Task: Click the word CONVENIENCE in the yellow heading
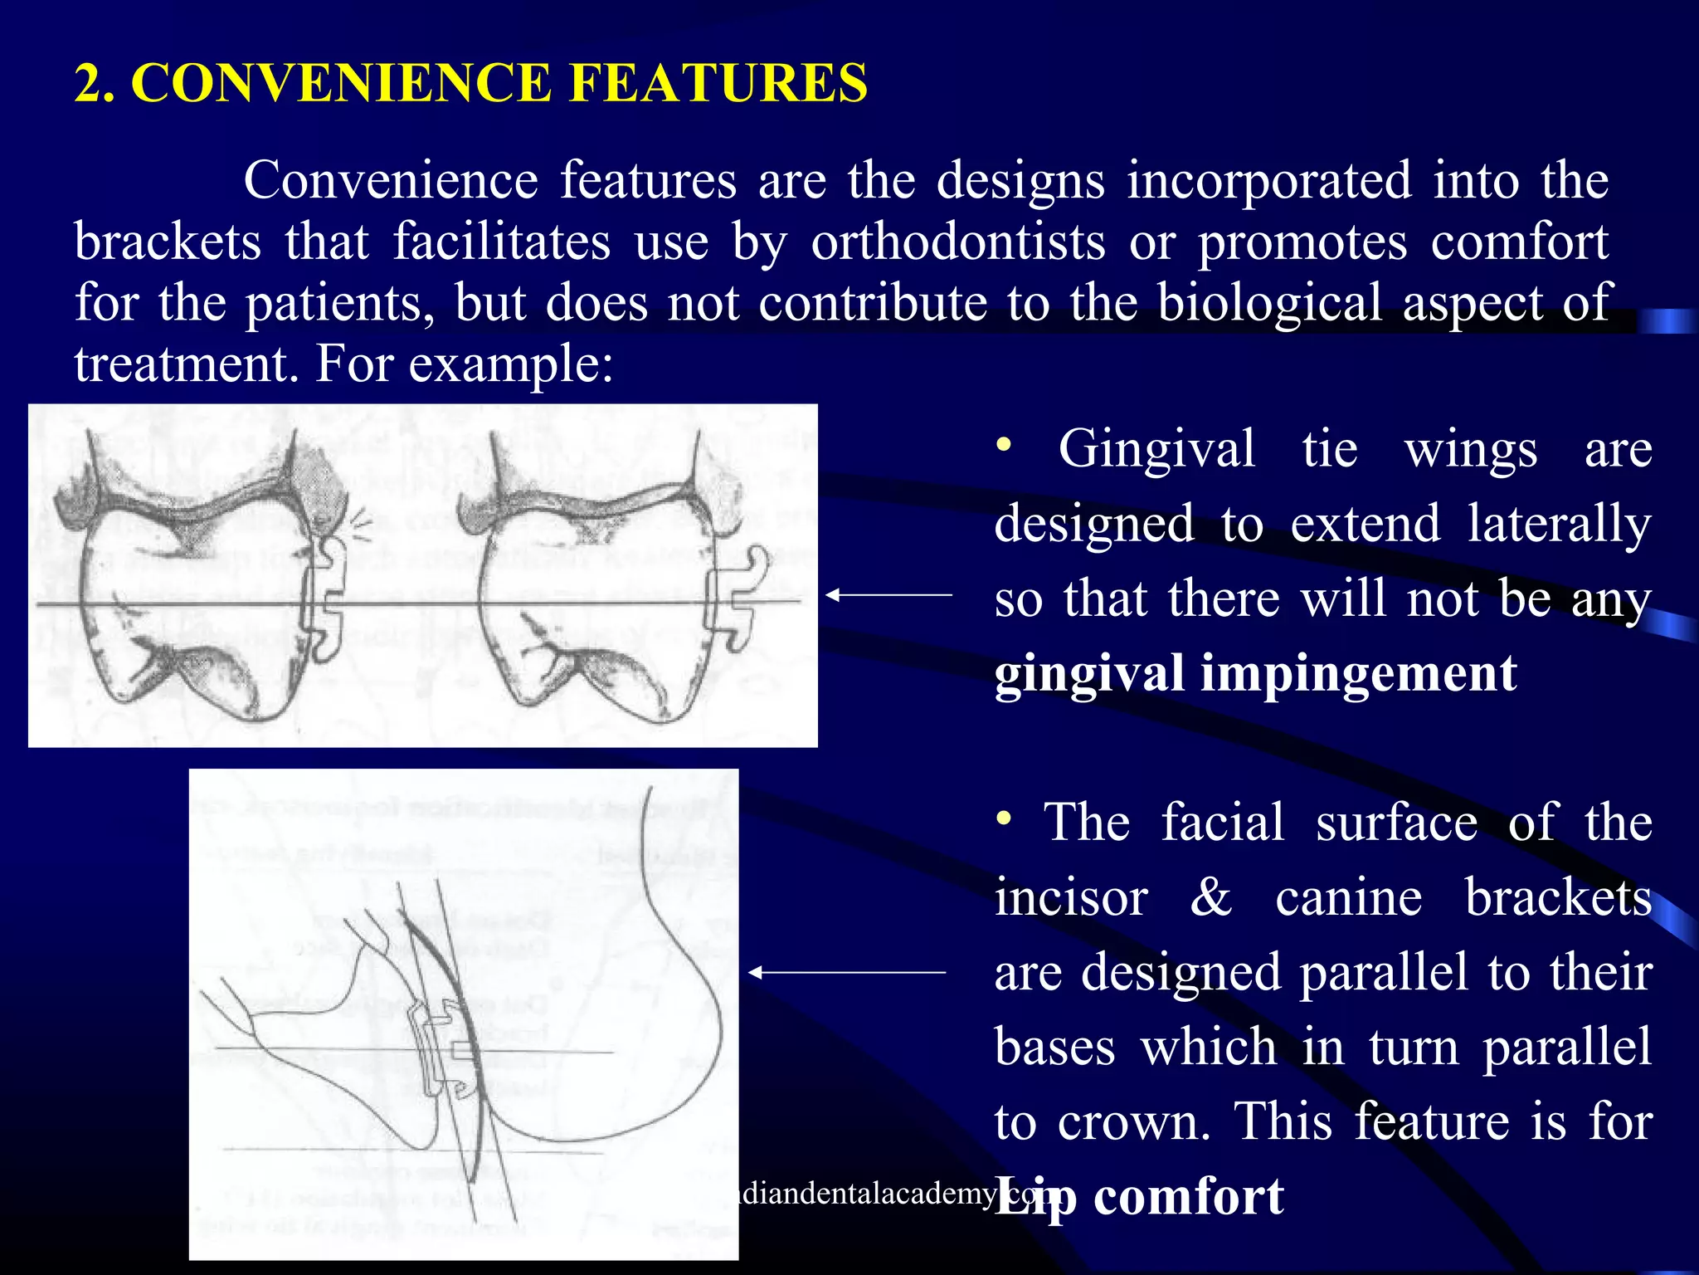[340, 83]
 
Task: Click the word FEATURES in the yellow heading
[718, 83]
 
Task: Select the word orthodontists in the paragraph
[957, 242]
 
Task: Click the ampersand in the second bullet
[1210, 897]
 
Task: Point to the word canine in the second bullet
[1348, 897]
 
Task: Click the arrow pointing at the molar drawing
[888, 594]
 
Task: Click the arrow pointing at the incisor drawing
[846, 972]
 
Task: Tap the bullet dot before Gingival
[1004, 446]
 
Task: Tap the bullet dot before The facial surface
[1004, 819]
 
